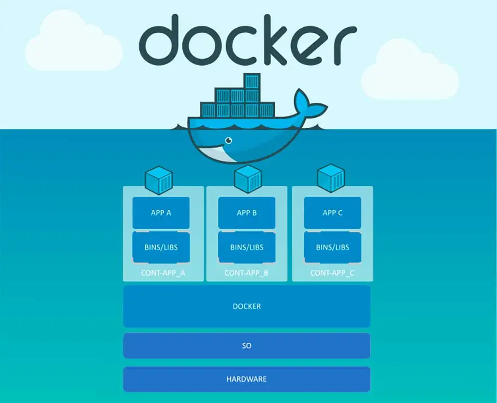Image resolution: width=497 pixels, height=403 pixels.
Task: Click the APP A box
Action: tap(161, 213)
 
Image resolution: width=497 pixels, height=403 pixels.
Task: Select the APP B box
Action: tap(247, 213)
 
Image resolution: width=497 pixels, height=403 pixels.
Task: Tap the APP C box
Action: tap(332, 213)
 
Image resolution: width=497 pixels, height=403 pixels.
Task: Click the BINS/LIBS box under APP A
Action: tap(161, 247)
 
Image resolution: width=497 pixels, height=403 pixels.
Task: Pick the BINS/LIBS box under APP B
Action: tap(247, 247)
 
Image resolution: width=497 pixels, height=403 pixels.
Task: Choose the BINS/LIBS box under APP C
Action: tap(332, 247)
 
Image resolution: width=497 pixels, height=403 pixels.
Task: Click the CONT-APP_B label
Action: tap(247, 273)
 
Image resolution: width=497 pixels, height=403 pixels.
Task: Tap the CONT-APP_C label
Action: tap(332, 273)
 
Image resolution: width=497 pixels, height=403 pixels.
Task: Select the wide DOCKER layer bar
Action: tap(247, 306)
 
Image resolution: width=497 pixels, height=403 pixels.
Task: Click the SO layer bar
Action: tap(247, 345)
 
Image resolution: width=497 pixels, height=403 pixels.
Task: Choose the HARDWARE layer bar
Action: tap(247, 379)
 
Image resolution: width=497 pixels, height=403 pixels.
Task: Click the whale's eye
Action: tap(228, 141)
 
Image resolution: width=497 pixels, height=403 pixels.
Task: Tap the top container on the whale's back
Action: tap(251, 81)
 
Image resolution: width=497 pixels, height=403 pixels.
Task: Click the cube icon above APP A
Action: tap(159, 180)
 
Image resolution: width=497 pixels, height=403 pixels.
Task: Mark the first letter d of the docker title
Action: tap(159, 39)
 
